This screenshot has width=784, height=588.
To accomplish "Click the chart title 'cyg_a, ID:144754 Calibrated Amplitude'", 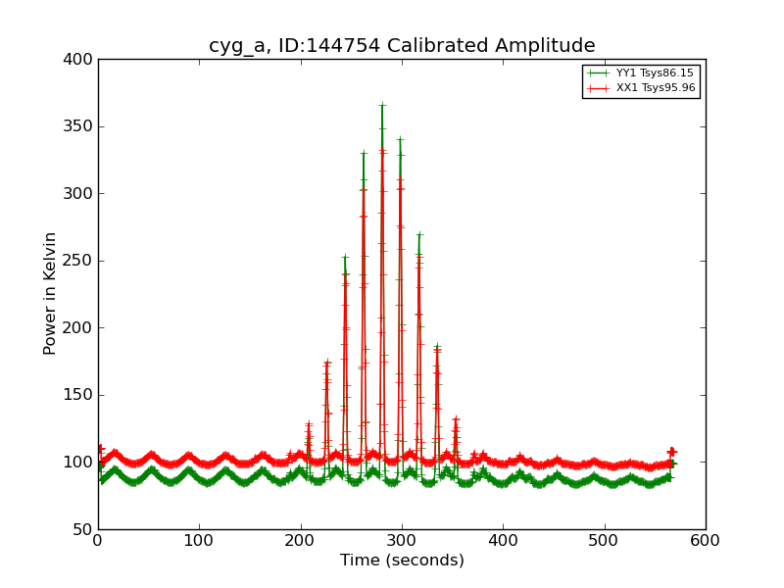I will [402, 46].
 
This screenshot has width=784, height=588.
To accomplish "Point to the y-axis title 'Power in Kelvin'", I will [50, 293].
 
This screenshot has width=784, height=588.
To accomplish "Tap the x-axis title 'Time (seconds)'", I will [402, 561].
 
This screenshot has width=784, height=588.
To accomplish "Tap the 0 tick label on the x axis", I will [98, 540].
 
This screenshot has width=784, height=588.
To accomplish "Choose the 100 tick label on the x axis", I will [199, 540].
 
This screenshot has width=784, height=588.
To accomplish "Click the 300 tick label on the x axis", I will [402, 540].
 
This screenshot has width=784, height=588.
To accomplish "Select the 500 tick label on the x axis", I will [605, 540].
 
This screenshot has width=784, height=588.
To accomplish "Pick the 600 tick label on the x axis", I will [706, 540].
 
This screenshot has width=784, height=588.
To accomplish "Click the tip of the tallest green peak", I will [382, 104].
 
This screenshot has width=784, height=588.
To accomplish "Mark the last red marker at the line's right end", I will [671, 452].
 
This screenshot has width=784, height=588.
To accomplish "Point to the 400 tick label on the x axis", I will [503, 540].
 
